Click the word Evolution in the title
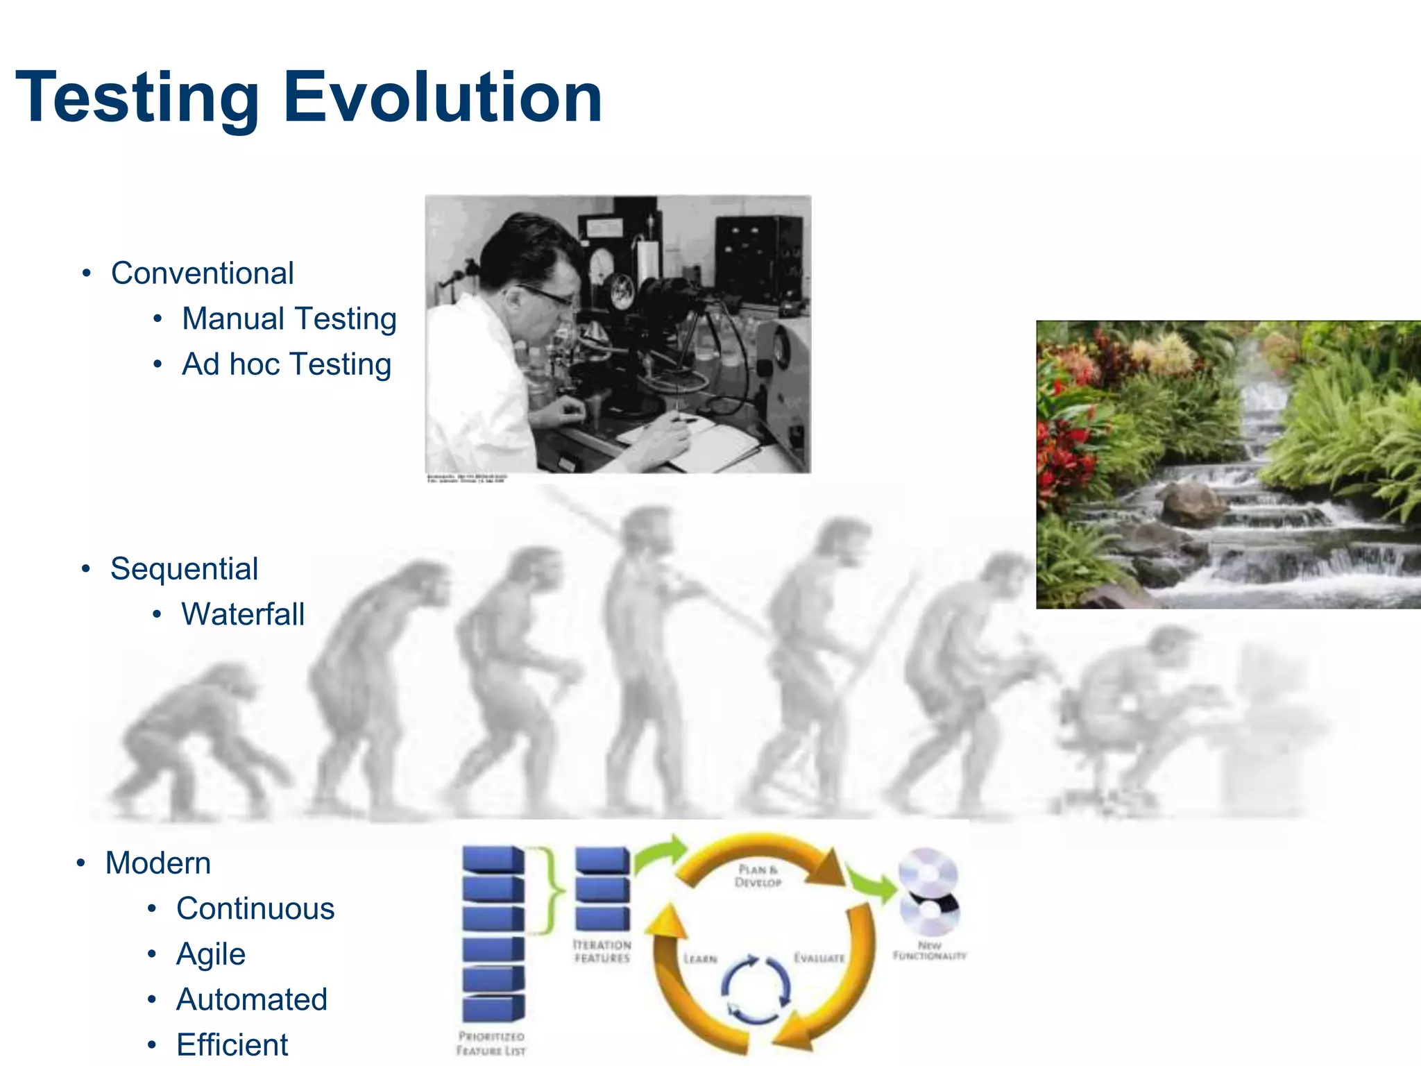coord(443,97)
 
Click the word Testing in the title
coord(137,97)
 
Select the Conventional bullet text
coord(202,273)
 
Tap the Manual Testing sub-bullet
coord(289,319)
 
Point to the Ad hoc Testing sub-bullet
coord(286,364)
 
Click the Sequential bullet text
coord(184,568)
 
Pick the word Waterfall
coord(243,614)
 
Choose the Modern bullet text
coord(158,863)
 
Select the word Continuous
coord(255,908)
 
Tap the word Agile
coord(211,954)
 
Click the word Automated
coord(251,999)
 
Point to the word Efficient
coord(232,1044)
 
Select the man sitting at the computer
coord(1138,708)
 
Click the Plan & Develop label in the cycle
coord(758,875)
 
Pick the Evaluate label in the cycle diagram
coord(819,958)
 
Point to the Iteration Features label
coord(602,951)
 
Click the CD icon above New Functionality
coord(928,892)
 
